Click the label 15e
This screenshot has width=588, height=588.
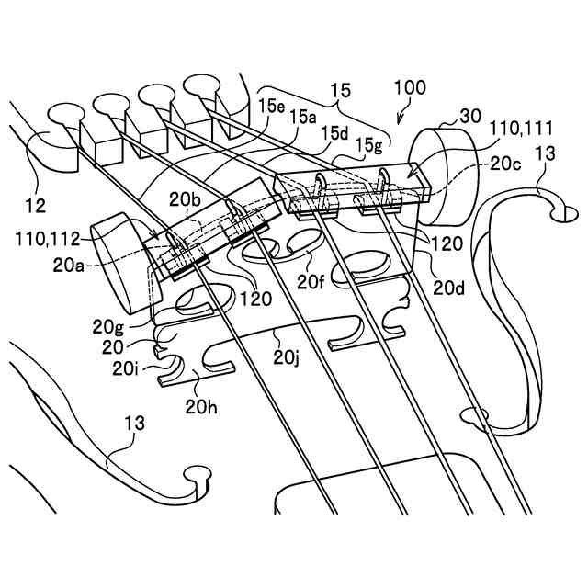[x=271, y=107]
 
